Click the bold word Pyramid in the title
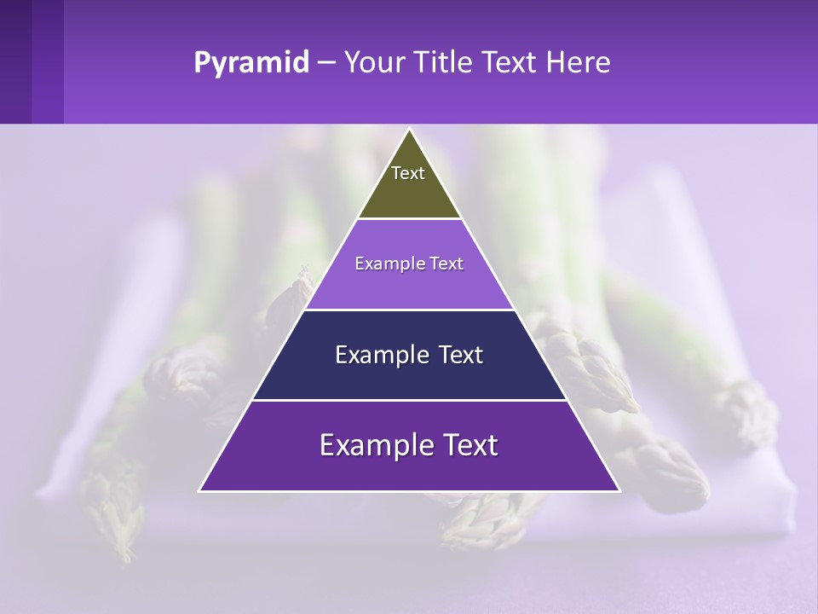[x=251, y=63]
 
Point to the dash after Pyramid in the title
[x=325, y=63]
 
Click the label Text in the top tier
[x=408, y=173]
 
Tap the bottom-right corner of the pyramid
[x=619, y=490]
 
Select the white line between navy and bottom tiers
[x=409, y=400]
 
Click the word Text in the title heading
[x=510, y=63]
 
